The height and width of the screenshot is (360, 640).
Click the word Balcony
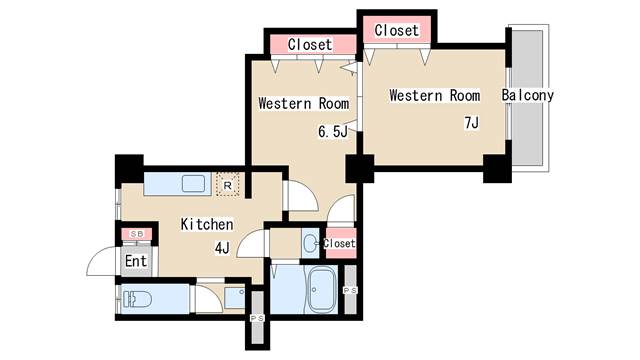coord(528,96)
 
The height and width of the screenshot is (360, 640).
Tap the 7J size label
coord(471,123)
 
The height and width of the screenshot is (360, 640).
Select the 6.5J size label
coord(332,131)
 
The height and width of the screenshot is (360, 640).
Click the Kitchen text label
coord(207,225)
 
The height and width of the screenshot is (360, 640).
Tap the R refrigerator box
coord(228,185)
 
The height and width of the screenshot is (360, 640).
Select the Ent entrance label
coord(136,261)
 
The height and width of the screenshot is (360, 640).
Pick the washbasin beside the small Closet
coord(310,242)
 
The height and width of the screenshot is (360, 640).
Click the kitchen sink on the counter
coord(191,185)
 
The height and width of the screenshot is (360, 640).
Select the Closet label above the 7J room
coord(396,31)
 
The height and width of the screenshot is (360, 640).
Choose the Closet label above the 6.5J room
coord(310,45)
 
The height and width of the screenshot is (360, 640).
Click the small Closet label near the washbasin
coord(340,243)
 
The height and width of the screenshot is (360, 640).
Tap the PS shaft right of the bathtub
coord(350,289)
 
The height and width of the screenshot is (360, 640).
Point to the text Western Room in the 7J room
coord(435,96)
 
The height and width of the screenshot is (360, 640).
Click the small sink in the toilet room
coord(234,297)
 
